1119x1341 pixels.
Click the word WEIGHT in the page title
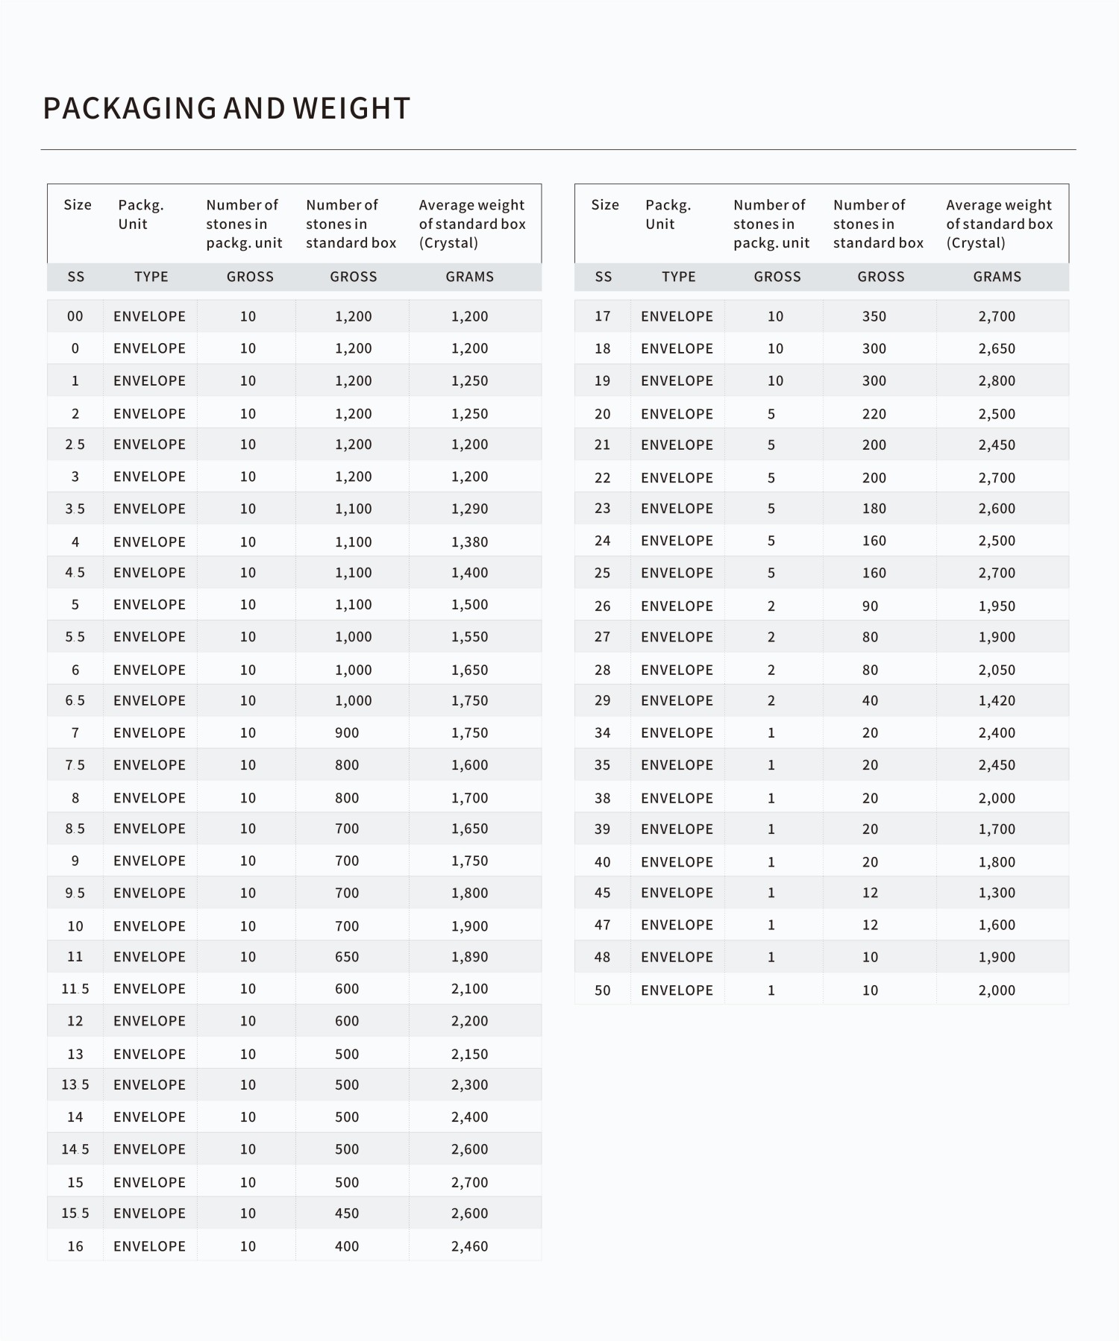pyautogui.click(x=351, y=109)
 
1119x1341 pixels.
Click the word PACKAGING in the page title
pyautogui.click(x=129, y=109)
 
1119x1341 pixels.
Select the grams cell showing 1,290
pyautogui.click(x=469, y=509)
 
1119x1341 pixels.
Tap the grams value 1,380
pyautogui.click(x=469, y=542)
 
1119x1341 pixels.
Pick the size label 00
pyautogui.click(x=75, y=316)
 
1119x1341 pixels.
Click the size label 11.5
pyautogui.click(x=75, y=989)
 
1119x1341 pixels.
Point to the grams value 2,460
pyautogui.click(x=469, y=1246)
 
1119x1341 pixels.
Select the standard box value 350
pyautogui.click(x=874, y=316)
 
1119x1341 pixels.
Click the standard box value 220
pyautogui.click(x=874, y=414)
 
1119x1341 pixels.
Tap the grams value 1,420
pyautogui.click(x=997, y=701)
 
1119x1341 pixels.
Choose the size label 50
pyautogui.click(x=603, y=990)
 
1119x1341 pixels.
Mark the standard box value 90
pyautogui.click(x=870, y=606)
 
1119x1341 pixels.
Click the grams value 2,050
pyautogui.click(x=997, y=670)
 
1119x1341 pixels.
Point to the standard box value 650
pyautogui.click(x=347, y=957)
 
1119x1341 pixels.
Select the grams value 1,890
pyautogui.click(x=469, y=957)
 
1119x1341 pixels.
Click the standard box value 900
pyautogui.click(x=347, y=733)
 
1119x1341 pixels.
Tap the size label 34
pyautogui.click(x=603, y=733)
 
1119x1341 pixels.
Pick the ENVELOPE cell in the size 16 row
pyautogui.click(x=149, y=1246)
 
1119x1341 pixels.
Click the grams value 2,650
pyautogui.click(x=997, y=348)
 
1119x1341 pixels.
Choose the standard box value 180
pyautogui.click(x=874, y=509)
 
